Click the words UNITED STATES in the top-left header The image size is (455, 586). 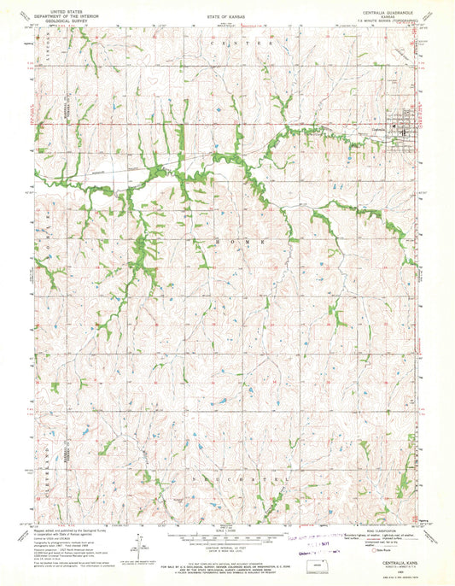pyautogui.click(x=53, y=4)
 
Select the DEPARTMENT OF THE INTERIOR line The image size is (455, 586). pyautogui.click(x=53, y=9)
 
